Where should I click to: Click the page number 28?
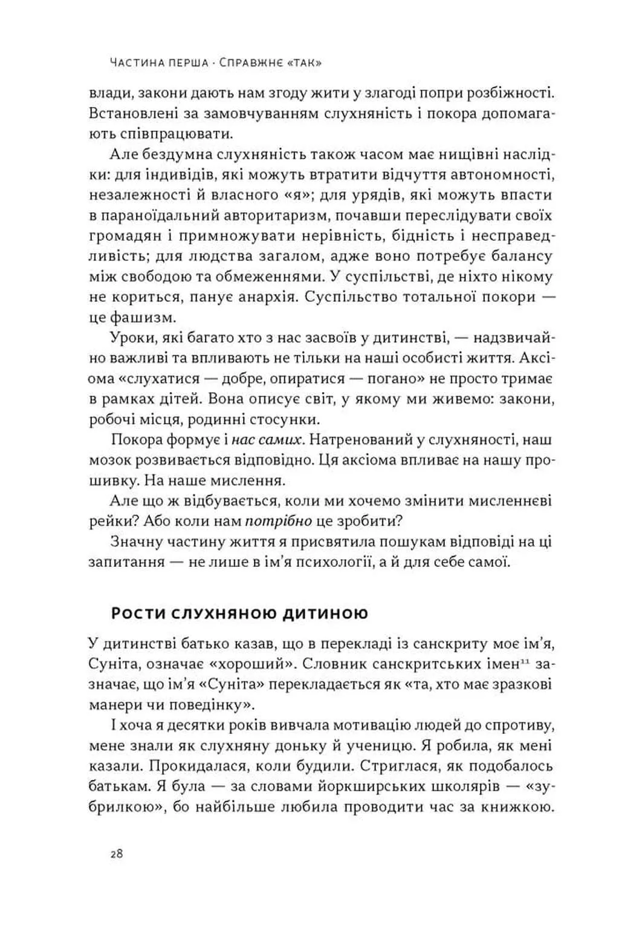pos(117,854)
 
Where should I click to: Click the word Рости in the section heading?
pos(137,614)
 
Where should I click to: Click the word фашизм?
pos(142,317)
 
